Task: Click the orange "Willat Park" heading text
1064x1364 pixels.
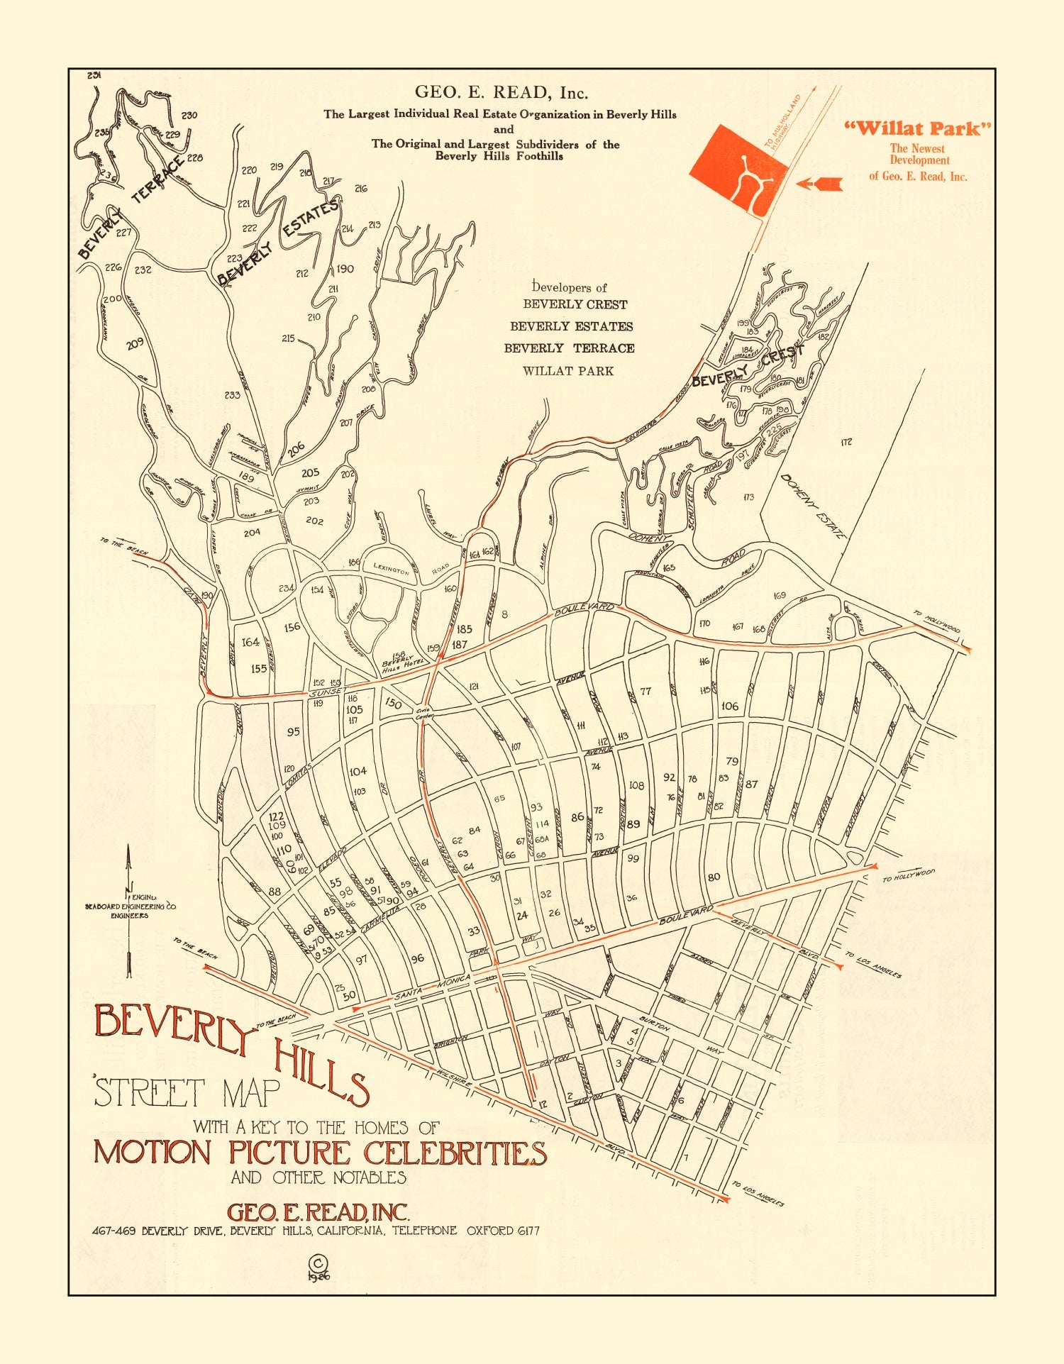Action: coord(917,128)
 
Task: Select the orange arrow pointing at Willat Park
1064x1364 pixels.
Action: coord(819,184)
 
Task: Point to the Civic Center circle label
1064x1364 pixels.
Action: coord(423,713)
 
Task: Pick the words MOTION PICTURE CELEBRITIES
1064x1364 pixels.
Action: coord(320,1153)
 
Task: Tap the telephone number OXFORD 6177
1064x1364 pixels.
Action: coord(502,1231)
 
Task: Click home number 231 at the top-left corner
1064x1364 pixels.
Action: coord(94,75)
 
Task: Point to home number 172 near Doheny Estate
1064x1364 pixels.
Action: coord(846,442)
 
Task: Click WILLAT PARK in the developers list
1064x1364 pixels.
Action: coord(567,371)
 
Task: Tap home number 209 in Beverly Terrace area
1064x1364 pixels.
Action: coord(135,343)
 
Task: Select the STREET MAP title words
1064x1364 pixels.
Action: coord(187,1093)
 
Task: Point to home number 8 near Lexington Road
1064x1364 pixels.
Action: coord(504,614)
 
